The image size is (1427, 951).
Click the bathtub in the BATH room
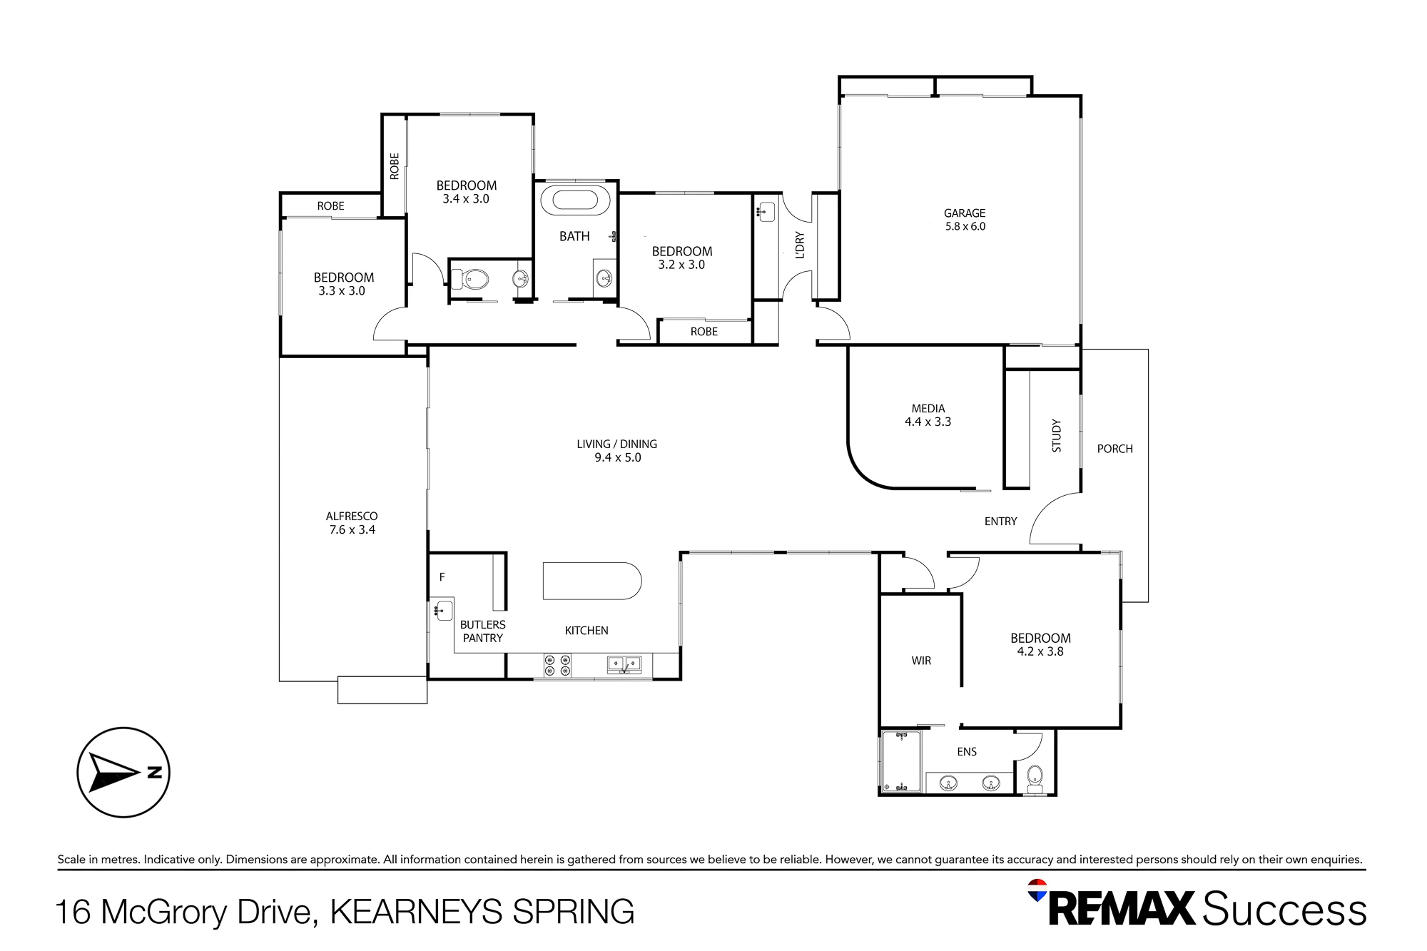(576, 200)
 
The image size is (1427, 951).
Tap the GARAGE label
(965, 213)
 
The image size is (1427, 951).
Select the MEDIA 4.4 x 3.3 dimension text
(928, 422)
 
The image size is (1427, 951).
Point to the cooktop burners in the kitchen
(557, 666)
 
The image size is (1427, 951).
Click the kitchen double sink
(624, 665)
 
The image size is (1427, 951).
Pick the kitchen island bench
(592, 581)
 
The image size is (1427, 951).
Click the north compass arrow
(114, 773)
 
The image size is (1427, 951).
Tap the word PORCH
(1114, 449)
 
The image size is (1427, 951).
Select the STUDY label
(1057, 435)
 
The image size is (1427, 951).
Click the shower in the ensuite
(901, 761)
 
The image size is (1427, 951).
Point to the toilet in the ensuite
(1035, 779)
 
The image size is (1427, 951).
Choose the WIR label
(921, 661)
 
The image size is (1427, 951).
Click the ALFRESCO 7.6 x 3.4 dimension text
(352, 529)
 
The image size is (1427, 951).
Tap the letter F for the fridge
(442, 577)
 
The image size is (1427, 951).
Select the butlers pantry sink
(444, 611)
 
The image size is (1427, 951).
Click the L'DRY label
(800, 245)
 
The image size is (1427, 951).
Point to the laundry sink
(766, 212)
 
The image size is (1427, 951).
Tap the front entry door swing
(1055, 519)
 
